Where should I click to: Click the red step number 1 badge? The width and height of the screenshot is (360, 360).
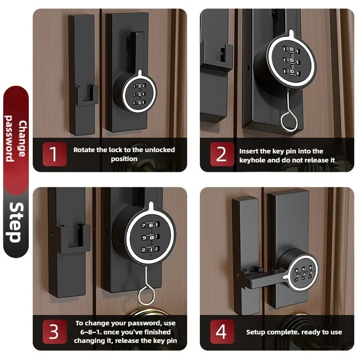pyautogui.click(x=54, y=154)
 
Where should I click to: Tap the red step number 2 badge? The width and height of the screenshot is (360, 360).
pyautogui.click(x=222, y=154)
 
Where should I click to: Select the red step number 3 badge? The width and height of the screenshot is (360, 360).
pyautogui.click(x=54, y=332)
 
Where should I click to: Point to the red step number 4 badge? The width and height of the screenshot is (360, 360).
pyautogui.click(x=222, y=332)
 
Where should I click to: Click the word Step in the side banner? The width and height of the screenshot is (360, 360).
pyautogui.click(x=16, y=222)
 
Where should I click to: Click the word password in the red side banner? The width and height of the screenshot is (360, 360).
pyautogui.click(x=9, y=139)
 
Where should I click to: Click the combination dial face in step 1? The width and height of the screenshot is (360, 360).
pyautogui.click(x=139, y=94)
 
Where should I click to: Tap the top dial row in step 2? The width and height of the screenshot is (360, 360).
pyautogui.click(x=292, y=49)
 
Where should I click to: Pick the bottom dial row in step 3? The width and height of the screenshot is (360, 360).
pyautogui.click(x=150, y=250)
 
